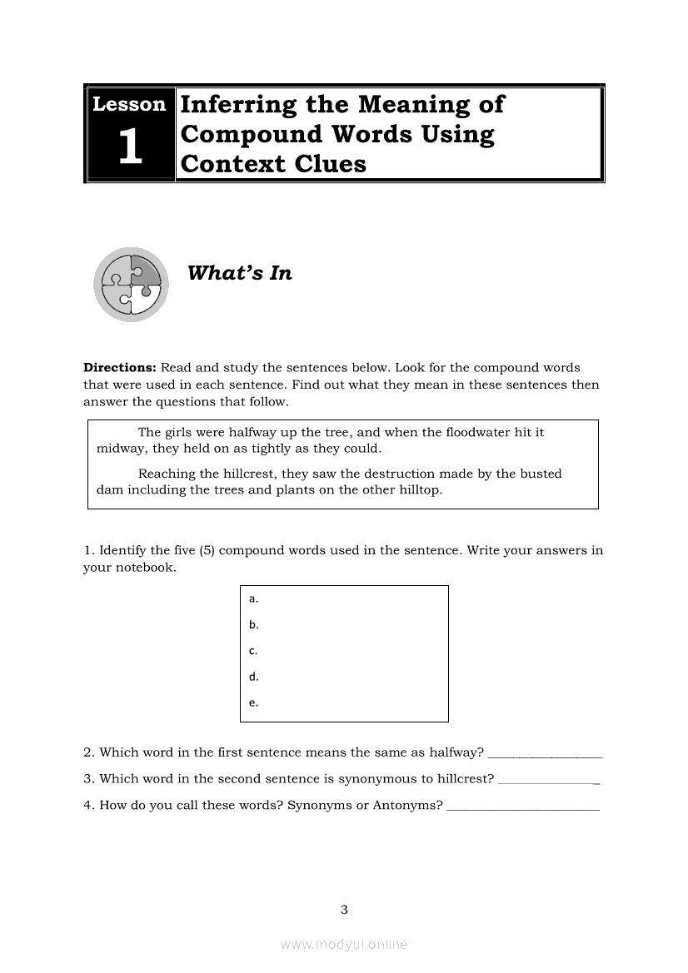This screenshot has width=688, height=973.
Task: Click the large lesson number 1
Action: pyautogui.click(x=129, y=147)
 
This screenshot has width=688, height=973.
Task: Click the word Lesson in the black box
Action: pyautogui.click(x=129, y=105)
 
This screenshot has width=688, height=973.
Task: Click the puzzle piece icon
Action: pyautogui.click(x=131, y=284)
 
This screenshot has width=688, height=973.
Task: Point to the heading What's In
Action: pyautogui.click(x=240, y=273)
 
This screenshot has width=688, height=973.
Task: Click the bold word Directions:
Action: pyautogui.click(x=120, y=367)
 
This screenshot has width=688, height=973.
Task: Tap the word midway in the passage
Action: pyautogui.click(x=119, y=449)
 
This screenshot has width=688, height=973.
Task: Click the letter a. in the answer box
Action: pyautogui.click(x=253, y=598)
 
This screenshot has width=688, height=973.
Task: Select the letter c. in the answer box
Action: pyautogui.click(x=253, y=651)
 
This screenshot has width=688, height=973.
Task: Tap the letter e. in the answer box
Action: pyautogui.click(x=253, y=702)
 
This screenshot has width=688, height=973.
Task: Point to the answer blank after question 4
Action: pyautogui.click(x=523, y=808)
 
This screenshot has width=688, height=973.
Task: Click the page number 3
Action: pyautogui.click(x=344, y=910)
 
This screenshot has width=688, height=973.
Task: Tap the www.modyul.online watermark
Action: pyautogui.click(x=344, y=945)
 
